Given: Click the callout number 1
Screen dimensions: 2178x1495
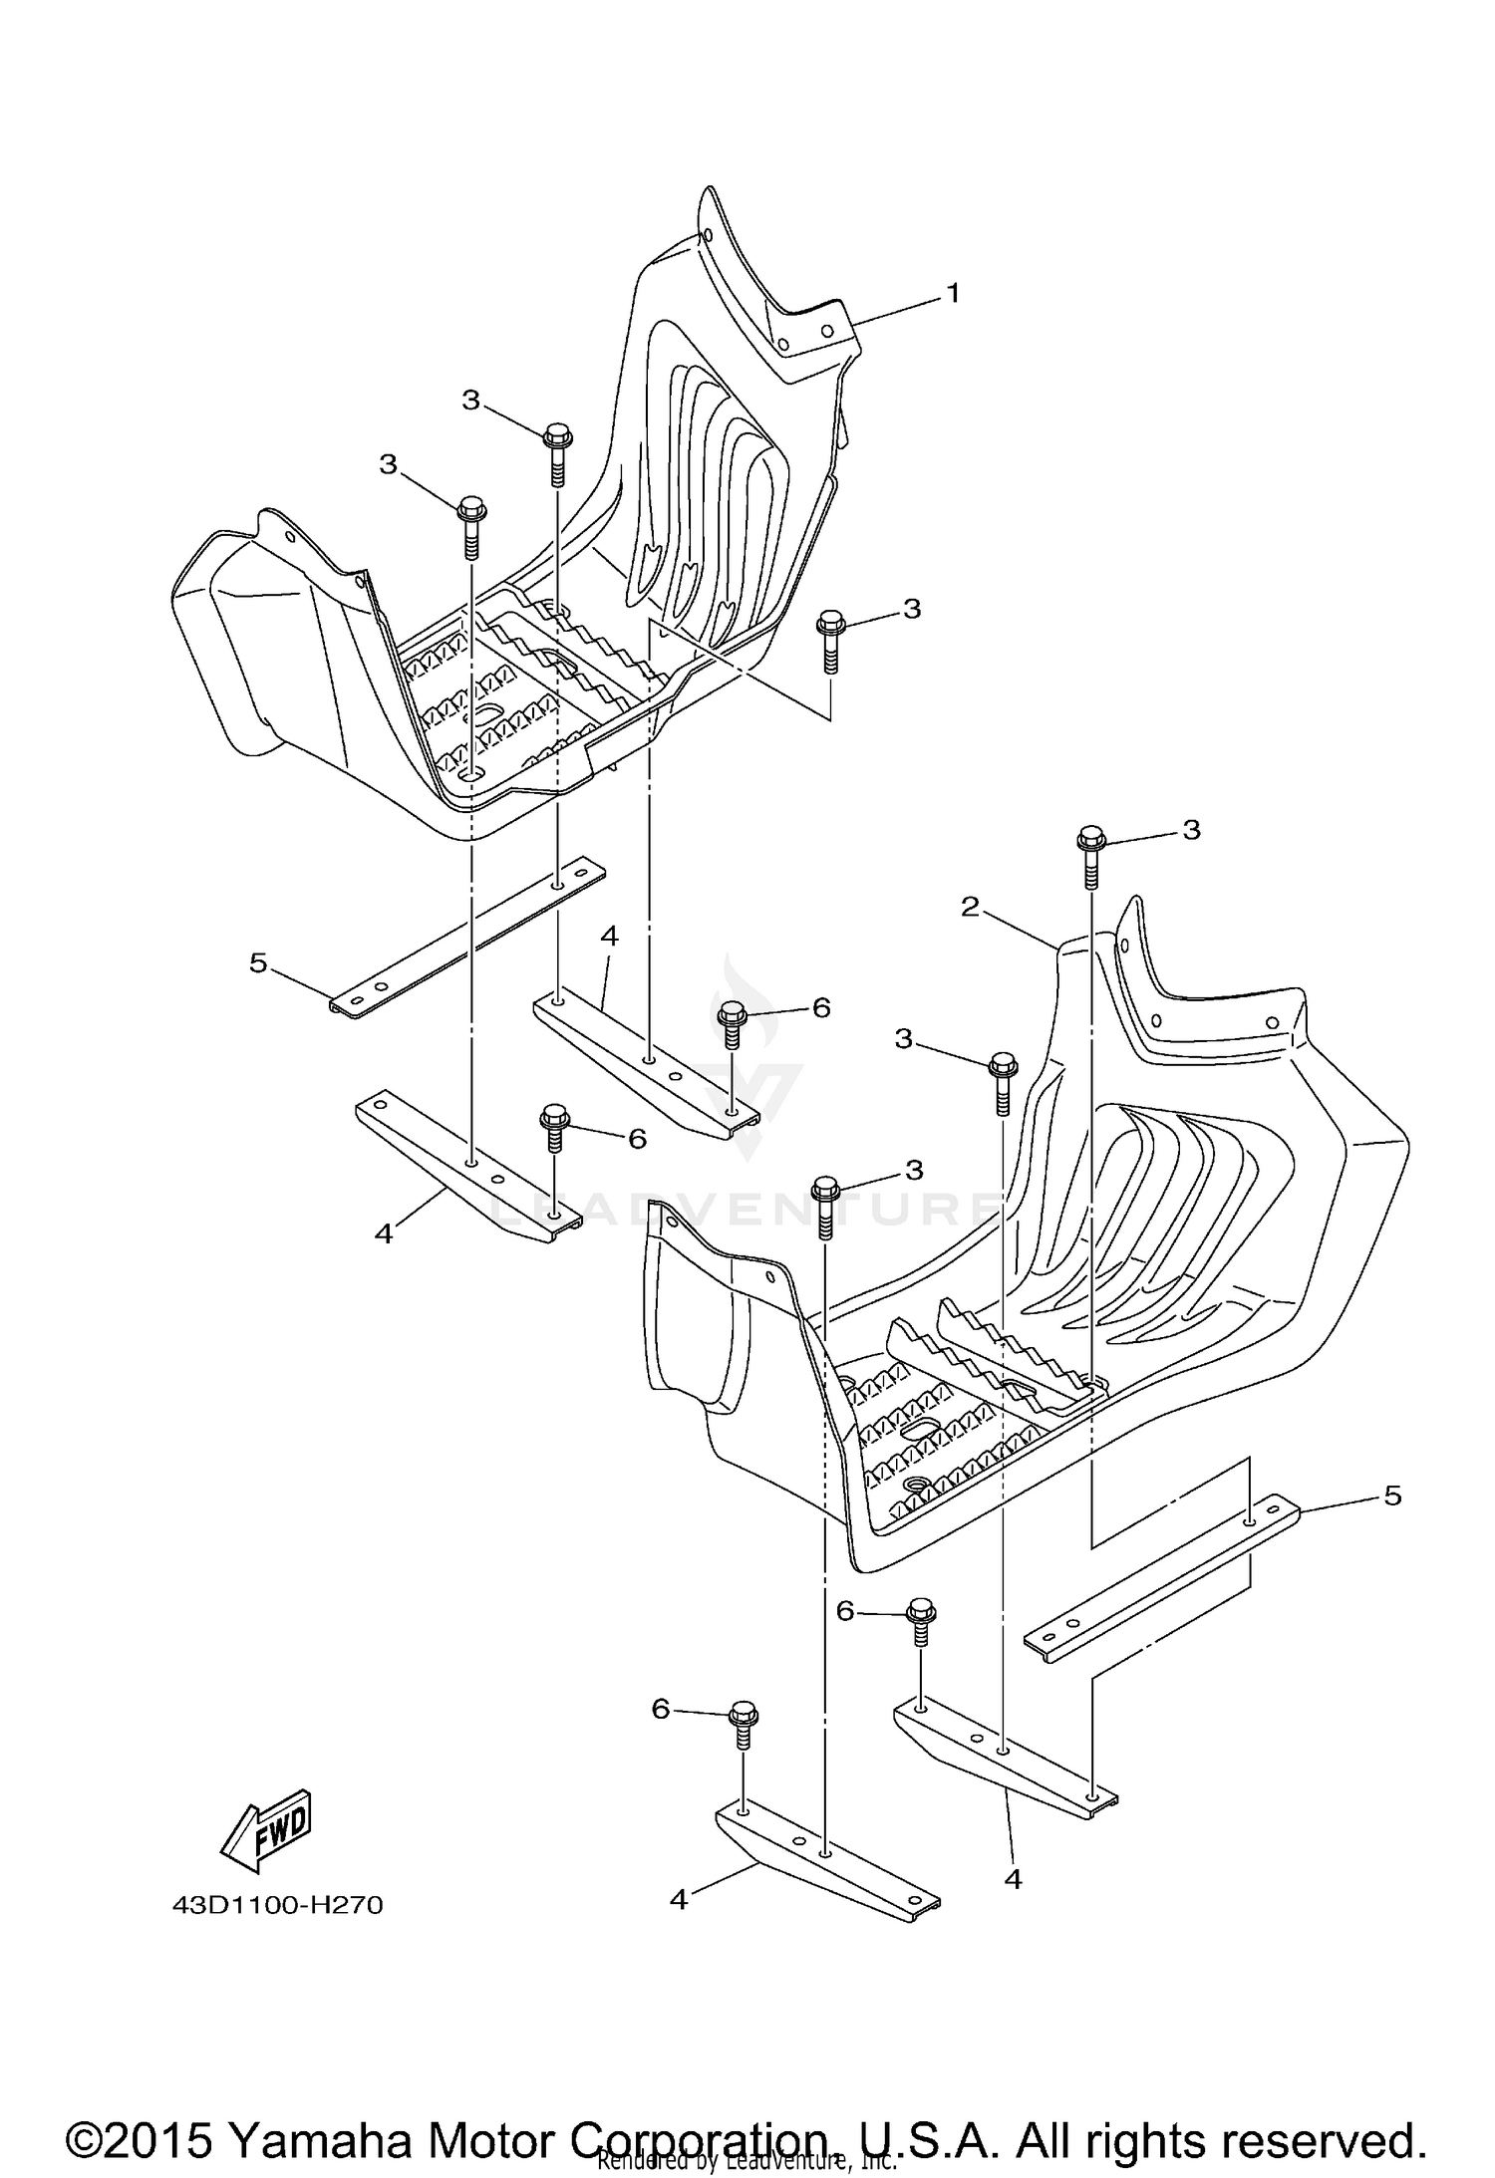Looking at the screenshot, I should click(x=953, y=294).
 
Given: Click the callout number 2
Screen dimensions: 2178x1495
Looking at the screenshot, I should click(x=970, y=907).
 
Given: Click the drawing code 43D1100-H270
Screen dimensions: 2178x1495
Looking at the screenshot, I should click(x=278, y=1906).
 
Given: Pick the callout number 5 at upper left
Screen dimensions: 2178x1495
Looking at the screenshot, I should click(x=258, y=963).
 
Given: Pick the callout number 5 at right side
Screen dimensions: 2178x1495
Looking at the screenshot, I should click(x=1392, y=1522).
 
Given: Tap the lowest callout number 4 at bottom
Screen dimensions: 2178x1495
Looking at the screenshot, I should click(x=679, y=1900).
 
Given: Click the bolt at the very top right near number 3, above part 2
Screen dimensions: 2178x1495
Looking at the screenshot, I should click(x=1091, y=855).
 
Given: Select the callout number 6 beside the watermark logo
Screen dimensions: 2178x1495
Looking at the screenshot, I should click(x=821, y=1007).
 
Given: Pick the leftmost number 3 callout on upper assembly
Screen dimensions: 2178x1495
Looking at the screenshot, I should click(x=388, y=464).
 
